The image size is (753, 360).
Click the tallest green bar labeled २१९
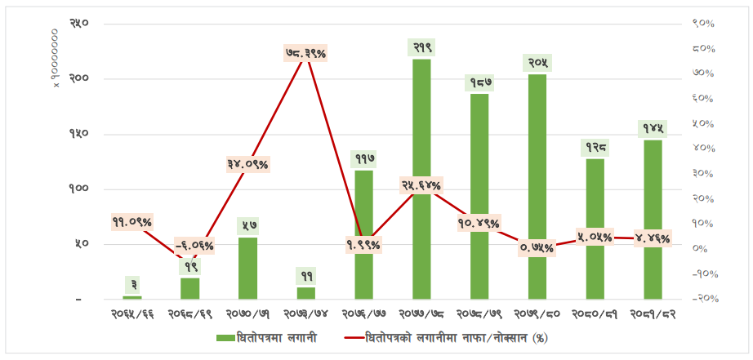421,180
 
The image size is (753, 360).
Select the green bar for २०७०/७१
247,269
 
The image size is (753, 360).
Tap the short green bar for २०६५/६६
132,297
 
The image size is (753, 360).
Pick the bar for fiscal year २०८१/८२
653,220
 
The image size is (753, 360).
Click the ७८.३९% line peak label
305,53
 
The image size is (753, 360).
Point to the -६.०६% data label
194,245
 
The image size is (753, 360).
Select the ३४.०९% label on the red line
247,164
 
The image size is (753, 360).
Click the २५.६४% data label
421,185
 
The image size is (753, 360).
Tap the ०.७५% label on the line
537,248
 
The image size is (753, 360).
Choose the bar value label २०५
537,63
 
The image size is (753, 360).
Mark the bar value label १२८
595,147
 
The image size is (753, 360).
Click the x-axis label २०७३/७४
305,313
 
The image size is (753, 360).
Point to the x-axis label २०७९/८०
537,313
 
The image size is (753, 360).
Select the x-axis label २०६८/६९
189,313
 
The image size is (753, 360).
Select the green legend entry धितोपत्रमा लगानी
266,337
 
